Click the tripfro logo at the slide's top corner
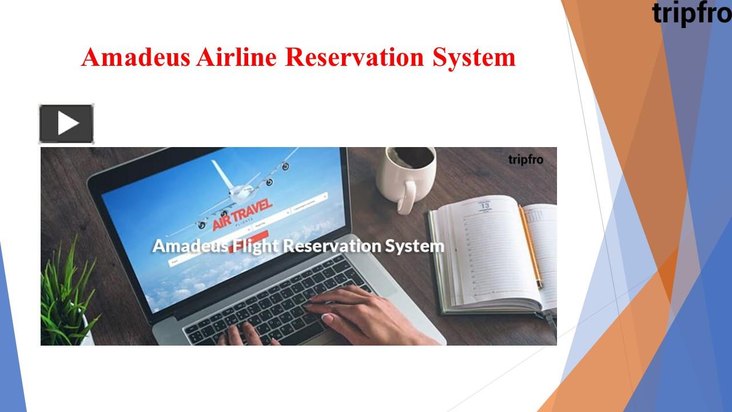coord(691,13)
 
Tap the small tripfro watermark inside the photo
coord(525,160)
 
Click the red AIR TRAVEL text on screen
coord(242,215)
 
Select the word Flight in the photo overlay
coord(256,247)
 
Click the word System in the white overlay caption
coord(414,247)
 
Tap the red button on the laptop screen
coord(260,234)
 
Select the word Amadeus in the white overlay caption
coord(189,247)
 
